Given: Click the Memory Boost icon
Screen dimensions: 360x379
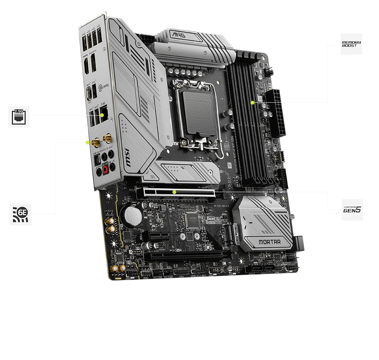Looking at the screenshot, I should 351,44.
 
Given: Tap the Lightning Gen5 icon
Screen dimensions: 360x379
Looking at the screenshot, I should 352,210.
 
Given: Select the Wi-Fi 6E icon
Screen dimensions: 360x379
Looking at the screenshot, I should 20,214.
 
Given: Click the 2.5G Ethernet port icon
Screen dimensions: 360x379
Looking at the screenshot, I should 19,116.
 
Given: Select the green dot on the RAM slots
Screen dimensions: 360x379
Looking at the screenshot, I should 252,102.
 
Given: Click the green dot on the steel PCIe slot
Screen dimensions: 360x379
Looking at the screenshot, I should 174,192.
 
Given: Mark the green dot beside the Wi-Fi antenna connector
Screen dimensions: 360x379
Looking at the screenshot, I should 88,142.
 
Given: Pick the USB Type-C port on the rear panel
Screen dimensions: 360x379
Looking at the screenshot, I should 89,92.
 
